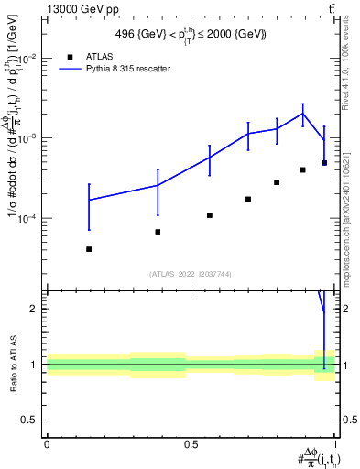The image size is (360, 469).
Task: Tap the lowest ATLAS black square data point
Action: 89,249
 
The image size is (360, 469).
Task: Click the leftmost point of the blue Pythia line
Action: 89,200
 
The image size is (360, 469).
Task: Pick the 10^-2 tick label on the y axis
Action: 26,58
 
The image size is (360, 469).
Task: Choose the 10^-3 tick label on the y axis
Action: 26,138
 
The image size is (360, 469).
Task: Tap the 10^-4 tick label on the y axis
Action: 26,219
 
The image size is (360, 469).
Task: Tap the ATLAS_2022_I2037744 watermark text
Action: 191,273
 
